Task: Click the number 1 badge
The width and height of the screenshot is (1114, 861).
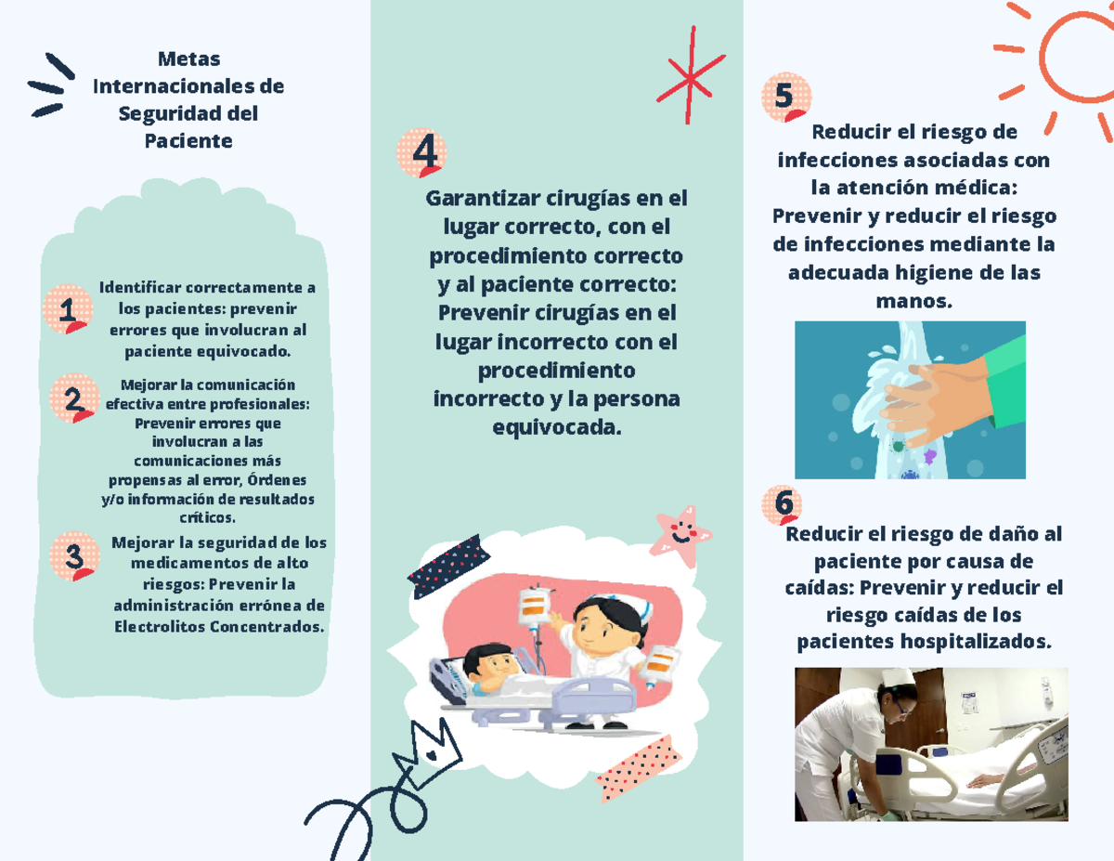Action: [67, 309]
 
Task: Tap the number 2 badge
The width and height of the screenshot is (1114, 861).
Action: [72, 398]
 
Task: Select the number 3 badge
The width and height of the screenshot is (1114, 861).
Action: [74, 556]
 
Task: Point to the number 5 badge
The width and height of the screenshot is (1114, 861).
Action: [784, 98]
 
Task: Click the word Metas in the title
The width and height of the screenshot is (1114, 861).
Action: [188, 59]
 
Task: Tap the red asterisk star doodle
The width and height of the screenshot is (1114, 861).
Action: [691, 76]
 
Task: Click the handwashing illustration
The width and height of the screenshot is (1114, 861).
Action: [910, 399]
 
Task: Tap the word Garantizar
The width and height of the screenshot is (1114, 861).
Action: [481, 199]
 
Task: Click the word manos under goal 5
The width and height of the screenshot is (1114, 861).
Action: [913, 301]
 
